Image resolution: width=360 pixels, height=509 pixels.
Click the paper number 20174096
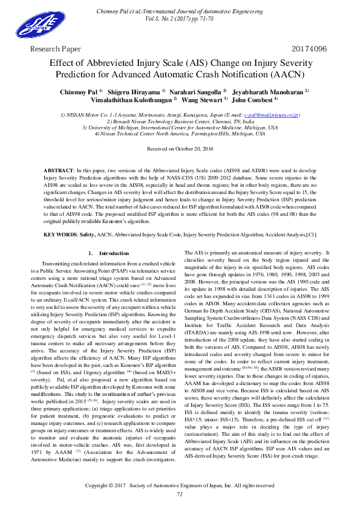[309, 48]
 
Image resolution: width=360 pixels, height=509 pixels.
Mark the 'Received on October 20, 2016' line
[180, 148]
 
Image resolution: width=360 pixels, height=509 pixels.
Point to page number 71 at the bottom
[180, 494]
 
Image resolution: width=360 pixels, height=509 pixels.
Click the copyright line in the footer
[180, 485]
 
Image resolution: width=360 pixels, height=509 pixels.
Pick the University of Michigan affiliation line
[180, 128]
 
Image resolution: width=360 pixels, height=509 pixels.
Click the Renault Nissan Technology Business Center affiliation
[180, 122]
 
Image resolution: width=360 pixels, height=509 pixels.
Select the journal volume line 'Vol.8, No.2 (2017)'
[180, 19]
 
